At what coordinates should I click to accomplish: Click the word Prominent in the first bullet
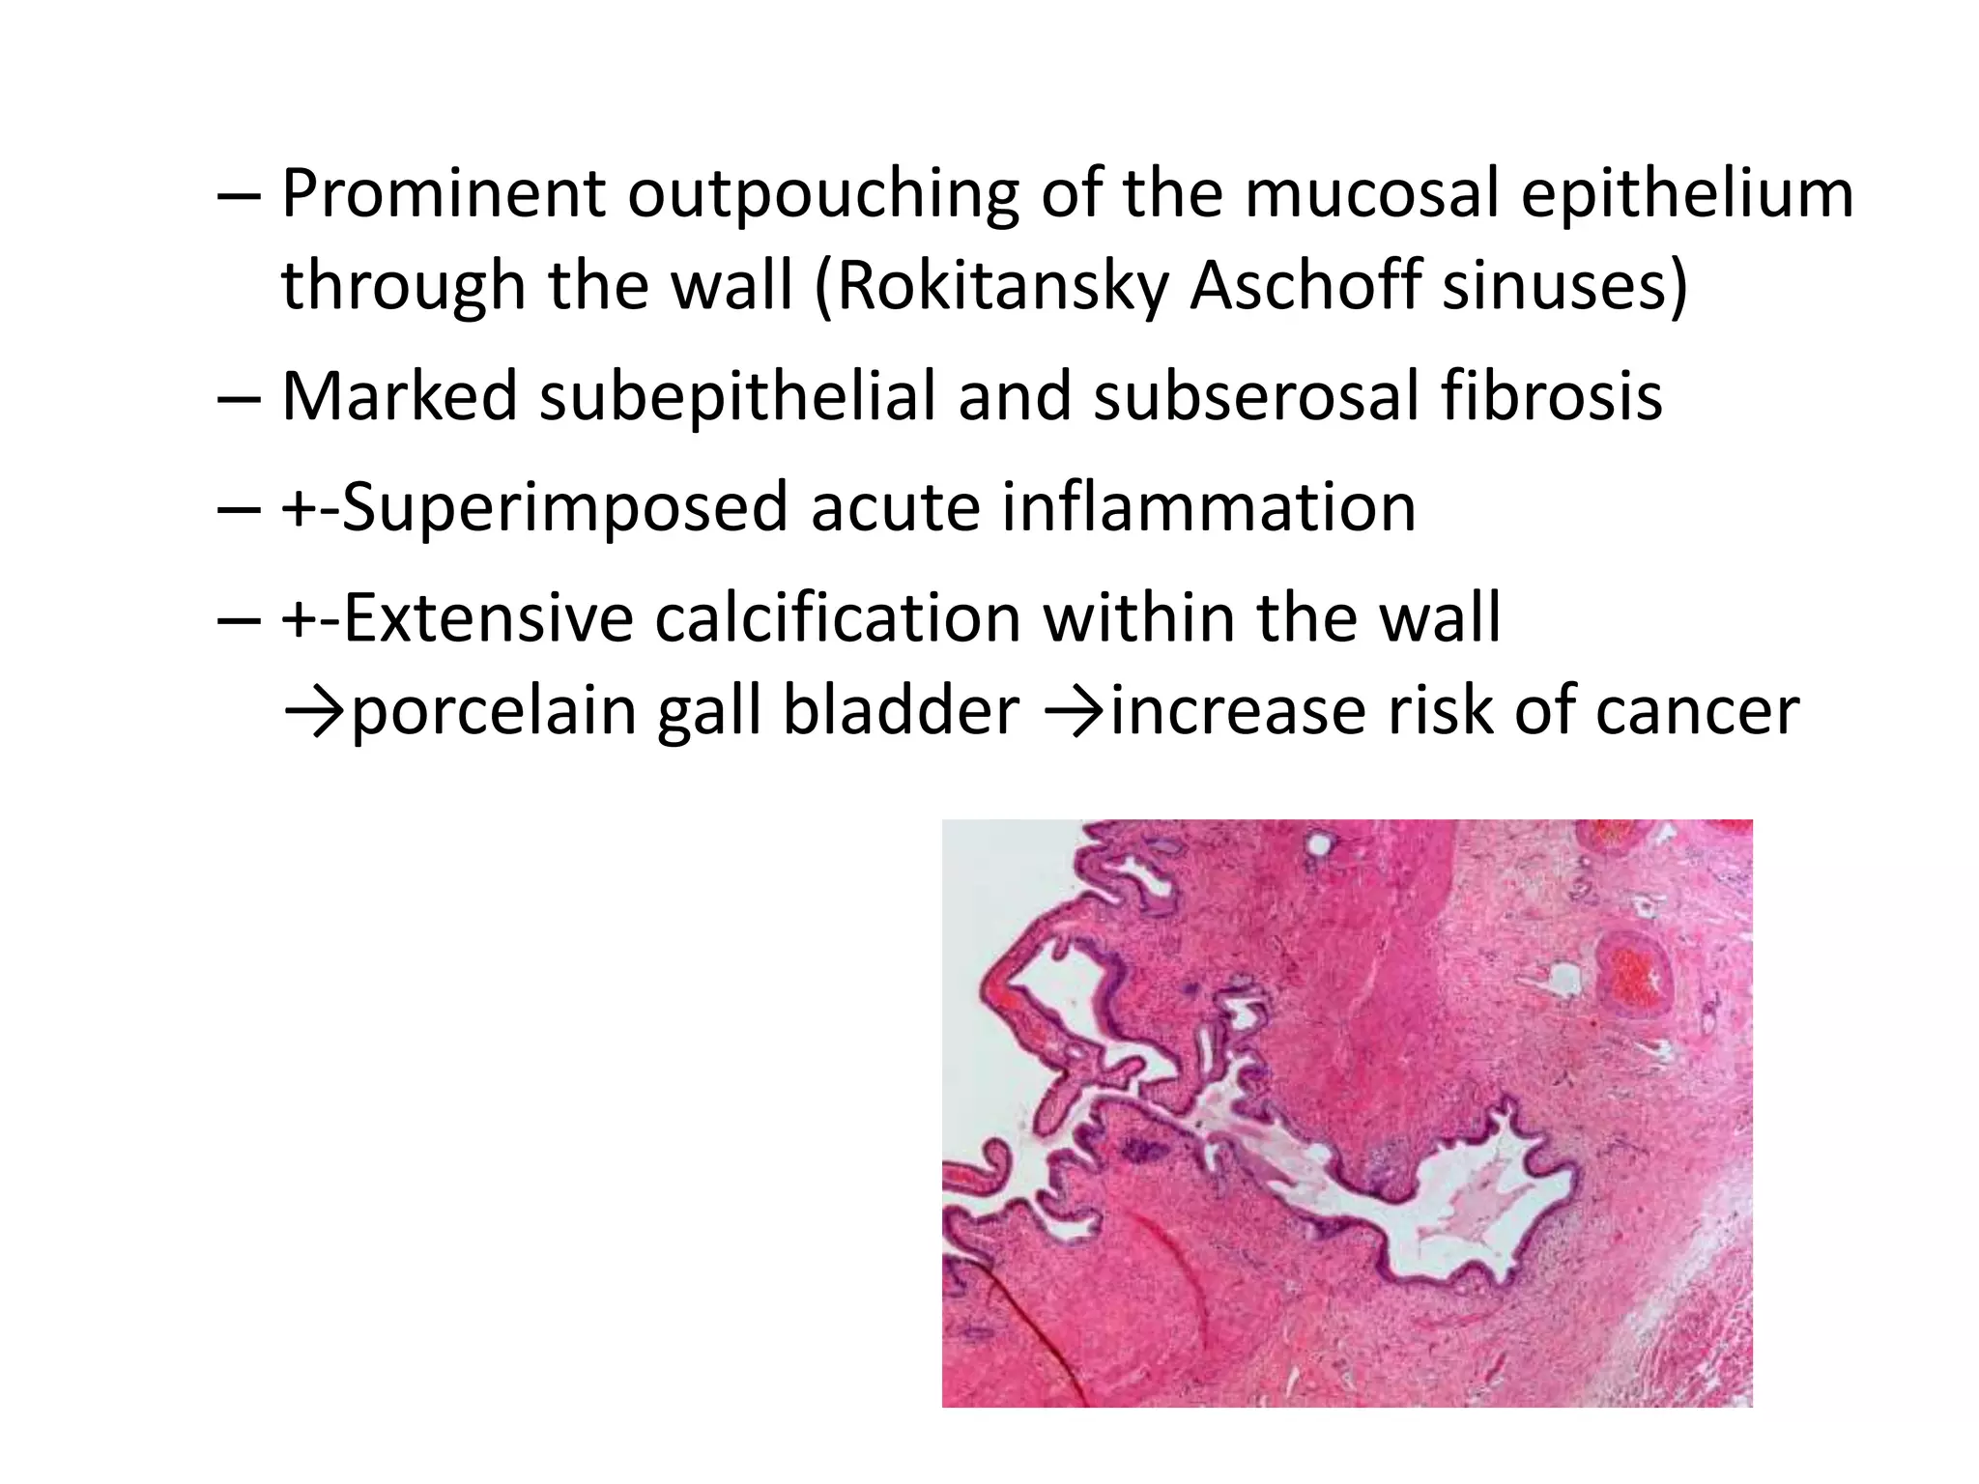[x=443, y=193]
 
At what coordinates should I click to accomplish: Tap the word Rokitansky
[x=1000, y=286]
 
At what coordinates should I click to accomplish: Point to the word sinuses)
[x=1564, y=286]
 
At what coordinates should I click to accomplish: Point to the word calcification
[x=837, y=618]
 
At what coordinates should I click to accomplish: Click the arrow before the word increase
[x=1075, y=711]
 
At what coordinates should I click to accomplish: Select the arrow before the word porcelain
[x=314, y=711]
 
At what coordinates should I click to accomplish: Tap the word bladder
[x=901, y=711]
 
